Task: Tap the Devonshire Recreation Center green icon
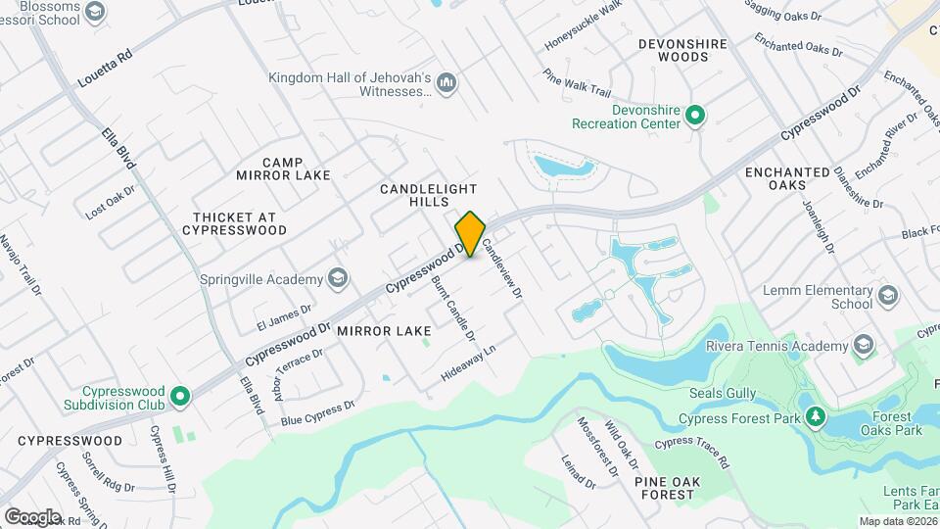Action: pos(694,117)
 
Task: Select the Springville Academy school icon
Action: pos(339,278)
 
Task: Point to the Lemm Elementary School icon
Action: pos(888,296)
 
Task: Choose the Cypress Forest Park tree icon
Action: pos(815,418)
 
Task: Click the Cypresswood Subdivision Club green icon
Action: pos(179,397)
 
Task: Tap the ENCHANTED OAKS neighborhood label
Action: pos(787,179)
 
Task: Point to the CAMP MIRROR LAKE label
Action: pos(283,168)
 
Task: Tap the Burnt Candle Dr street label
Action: pos(453,308)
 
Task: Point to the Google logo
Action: pos(32,516)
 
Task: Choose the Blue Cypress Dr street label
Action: pos(317,412)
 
